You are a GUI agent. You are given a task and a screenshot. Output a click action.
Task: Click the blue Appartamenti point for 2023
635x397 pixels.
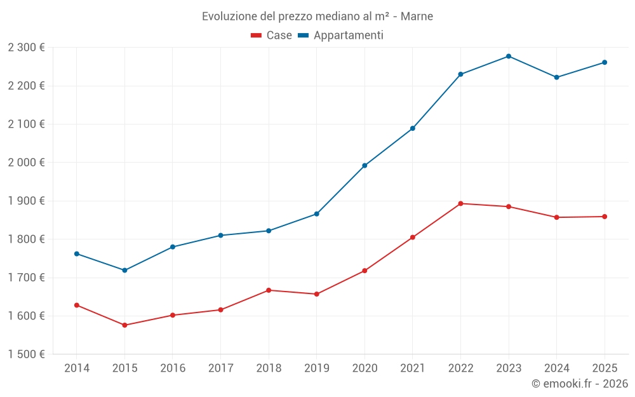[x=509, y=57]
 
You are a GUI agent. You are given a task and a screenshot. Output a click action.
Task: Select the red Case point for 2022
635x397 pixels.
[x=460, y=204]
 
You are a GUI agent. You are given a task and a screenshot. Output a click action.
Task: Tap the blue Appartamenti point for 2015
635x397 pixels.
[x=124, y=271]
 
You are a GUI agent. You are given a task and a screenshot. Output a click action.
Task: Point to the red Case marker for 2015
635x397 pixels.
[x=124, y=325]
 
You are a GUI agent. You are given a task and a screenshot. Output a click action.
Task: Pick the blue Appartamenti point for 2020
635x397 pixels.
[x=364, y=166]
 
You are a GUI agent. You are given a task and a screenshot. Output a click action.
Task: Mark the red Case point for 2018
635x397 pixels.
[x=269, y=290]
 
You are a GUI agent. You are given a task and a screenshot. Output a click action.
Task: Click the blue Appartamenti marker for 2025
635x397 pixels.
[x=605, y=62]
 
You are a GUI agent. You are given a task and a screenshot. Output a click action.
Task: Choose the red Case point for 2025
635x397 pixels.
[x=605, y=217]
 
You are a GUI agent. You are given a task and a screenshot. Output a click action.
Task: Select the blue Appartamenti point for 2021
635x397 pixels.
[x=413, y=128]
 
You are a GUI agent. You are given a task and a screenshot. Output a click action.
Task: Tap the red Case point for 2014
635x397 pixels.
[x=77, y=306]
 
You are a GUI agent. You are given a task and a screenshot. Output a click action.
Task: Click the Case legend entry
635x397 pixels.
[x=272, y=36]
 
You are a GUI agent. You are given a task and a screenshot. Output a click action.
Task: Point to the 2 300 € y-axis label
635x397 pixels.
[x=27, y=48]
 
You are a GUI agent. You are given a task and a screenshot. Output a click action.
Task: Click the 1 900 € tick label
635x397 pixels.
[x=27, y=201]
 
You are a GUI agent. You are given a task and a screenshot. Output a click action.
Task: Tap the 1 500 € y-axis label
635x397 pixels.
[x=27, y=354]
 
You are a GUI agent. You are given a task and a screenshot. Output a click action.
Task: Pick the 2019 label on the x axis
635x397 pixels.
[x=316, y=368]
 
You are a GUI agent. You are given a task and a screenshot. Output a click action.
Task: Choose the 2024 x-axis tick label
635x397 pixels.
[x=556, y=368]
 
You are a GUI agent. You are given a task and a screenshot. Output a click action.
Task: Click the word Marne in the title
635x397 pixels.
[x=418, y=17]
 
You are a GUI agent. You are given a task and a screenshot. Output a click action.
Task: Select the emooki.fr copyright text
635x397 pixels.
[x=579, y=384]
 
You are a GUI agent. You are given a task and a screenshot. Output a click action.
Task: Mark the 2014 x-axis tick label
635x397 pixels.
[x=77, y=368]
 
